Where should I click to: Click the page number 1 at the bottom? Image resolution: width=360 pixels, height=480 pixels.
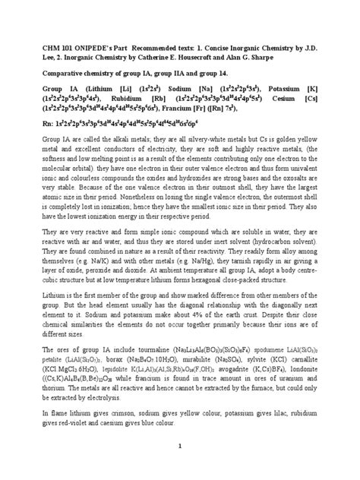coord(180,467)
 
